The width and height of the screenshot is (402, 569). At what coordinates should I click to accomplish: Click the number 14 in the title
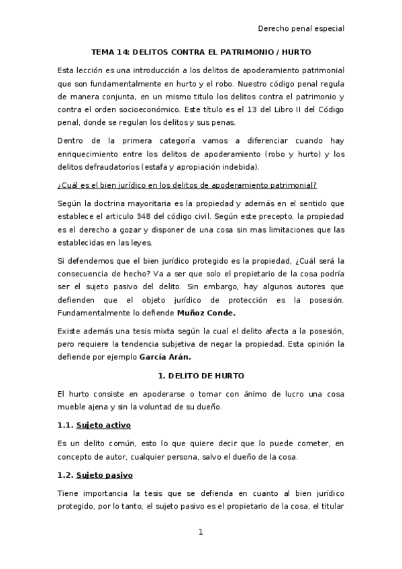point(123,52)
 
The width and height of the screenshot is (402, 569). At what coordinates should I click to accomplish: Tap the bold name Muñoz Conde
point(202,313)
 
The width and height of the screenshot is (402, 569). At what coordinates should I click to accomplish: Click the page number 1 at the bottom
point(201,533)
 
